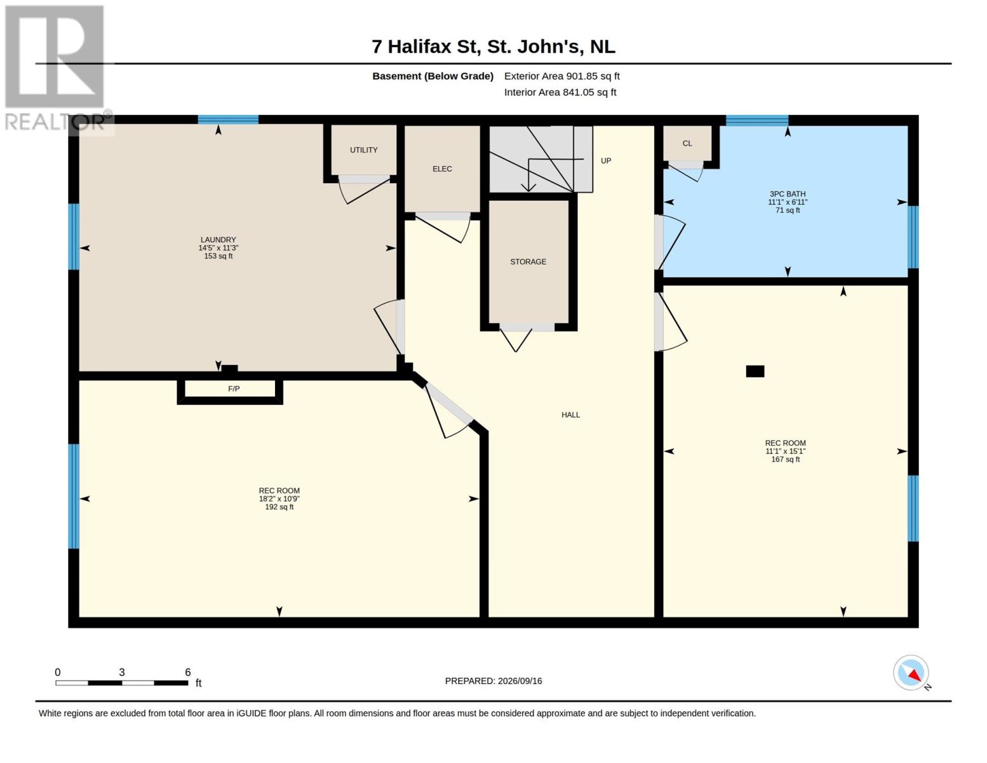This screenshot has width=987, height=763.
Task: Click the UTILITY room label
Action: [x=363, y=149]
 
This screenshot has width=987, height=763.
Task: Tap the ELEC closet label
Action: [x=442, y=168]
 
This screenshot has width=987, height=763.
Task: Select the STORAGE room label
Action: [x=528, y=261]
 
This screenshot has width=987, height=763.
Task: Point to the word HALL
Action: [x=570, y=415]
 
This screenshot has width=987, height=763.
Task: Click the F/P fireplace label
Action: [x=234, y=388]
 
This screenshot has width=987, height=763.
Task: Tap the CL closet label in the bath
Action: [x=687, y=143]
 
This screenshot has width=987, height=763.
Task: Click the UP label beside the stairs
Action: [x=606, y=160]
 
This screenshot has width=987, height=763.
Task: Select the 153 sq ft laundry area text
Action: [x=218, y=256]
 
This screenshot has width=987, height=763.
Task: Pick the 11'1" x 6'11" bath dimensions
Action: [x=787, y=202]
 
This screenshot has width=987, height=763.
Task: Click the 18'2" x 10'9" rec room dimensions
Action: [x=279, y=499]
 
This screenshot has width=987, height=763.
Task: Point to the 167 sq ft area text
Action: [x=785, y=459]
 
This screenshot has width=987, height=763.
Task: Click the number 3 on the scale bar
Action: [x=122, y=672]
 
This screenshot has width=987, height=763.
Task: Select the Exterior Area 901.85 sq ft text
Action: [x=561, y=76]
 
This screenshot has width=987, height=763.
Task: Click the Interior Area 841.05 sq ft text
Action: [x=560, y=92]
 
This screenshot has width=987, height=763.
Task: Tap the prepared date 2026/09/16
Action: [x=520, y=681]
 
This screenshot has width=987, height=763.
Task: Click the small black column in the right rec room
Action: [x=755, y=371]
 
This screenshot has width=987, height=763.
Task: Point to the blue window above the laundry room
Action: [x=228, y=120]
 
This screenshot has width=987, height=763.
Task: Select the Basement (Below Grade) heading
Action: [x=433, y=76]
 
